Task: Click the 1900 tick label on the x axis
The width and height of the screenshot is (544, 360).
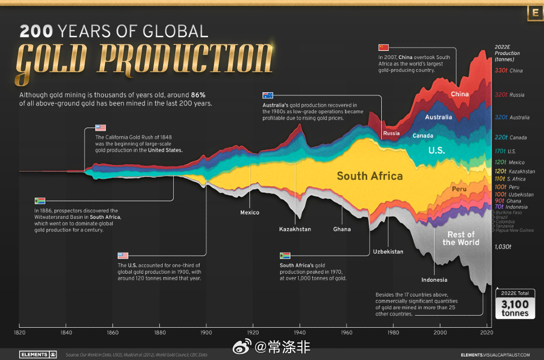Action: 207,333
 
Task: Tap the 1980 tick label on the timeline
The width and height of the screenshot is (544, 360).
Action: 393,333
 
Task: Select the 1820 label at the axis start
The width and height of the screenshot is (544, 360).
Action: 19,333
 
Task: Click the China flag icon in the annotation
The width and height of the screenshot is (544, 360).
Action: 383,47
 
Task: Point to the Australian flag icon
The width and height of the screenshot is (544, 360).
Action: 267,95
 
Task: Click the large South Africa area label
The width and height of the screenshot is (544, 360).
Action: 370,176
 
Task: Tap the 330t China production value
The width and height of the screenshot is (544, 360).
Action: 508,70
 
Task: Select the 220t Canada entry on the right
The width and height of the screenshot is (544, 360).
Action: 510,137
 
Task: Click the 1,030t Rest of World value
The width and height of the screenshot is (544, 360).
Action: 502,247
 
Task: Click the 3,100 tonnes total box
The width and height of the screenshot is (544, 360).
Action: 515,304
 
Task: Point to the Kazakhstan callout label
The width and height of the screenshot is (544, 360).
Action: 295,229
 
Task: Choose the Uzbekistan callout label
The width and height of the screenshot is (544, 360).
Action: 388,251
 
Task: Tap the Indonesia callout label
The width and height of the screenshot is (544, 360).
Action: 434,279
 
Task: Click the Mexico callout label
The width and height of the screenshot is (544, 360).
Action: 250,212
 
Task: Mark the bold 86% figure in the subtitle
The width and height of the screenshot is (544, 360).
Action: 197,95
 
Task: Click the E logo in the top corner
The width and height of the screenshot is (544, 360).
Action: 534,13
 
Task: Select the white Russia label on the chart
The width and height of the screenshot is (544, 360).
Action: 391,133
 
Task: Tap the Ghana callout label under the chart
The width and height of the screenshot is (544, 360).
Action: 342,229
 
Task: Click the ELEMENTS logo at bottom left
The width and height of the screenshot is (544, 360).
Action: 37,354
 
